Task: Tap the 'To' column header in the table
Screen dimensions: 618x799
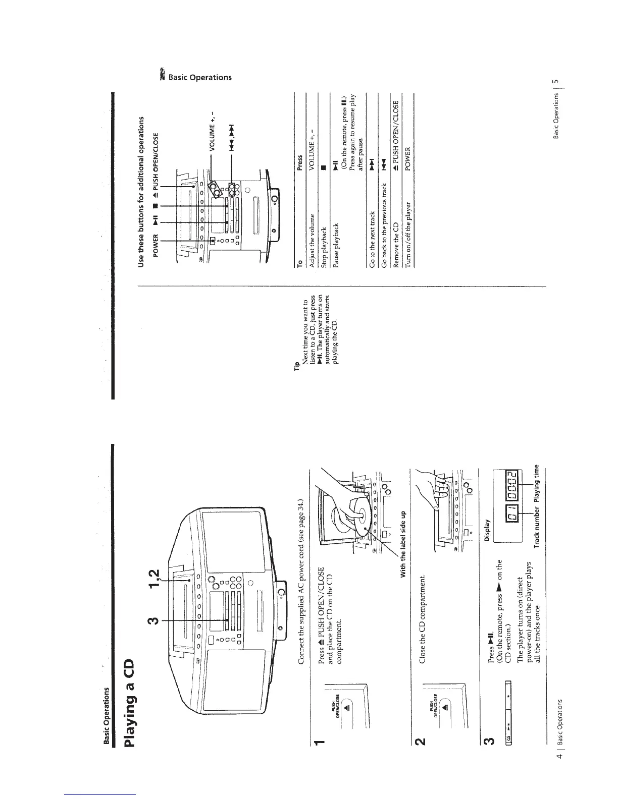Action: click(300, 261)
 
